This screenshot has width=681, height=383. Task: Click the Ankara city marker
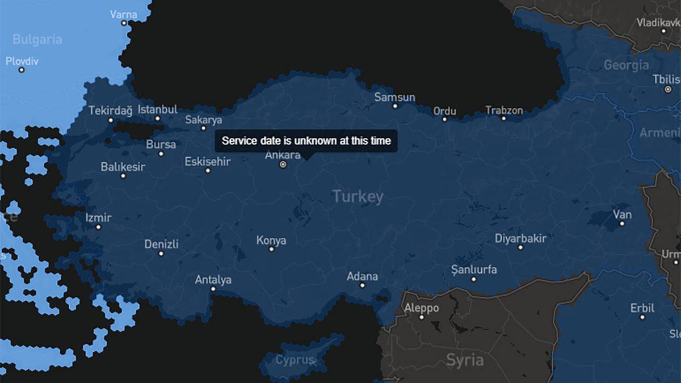(283, 165)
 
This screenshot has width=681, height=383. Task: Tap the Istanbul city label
(158, 109)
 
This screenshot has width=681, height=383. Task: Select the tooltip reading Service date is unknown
(306, 141)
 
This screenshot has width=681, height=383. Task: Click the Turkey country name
(358, 197)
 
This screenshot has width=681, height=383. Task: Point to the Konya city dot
(271, 249)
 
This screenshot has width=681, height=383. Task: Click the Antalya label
(213, 280)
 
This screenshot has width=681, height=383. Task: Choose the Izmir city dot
(98, 227)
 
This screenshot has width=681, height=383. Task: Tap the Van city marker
(622, 224)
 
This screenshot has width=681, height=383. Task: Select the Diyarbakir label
(520, 238)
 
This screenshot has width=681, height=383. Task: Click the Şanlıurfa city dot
(474, 279)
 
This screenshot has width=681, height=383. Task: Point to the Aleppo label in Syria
(421, 308)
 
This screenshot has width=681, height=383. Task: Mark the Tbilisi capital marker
(668, 89)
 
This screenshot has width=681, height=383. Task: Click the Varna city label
(123, 14)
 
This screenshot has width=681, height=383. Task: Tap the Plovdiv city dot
(22, 70)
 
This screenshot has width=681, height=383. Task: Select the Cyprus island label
(295, 360)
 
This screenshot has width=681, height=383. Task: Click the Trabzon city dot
(503, 118)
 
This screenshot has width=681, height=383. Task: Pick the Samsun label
(394, 97)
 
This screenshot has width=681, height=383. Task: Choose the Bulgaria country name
(37, 39)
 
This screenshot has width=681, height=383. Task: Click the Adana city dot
(362, 285)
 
